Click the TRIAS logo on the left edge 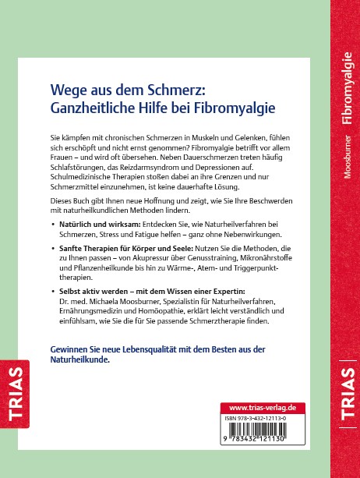pos(13,391)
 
